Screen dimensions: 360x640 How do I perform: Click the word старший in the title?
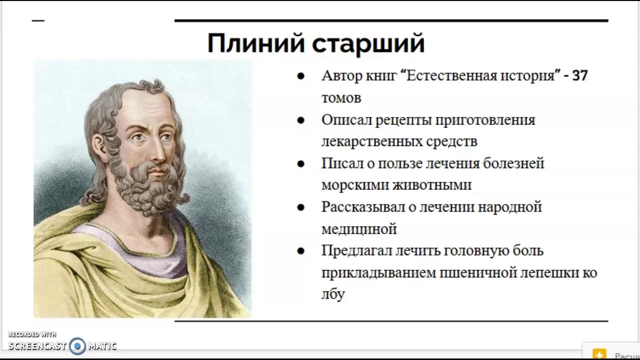368,44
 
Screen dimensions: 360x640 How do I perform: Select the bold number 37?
579,76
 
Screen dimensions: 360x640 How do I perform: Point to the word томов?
341,98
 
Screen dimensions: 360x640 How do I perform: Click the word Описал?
345,120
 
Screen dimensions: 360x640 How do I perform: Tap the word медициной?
359,229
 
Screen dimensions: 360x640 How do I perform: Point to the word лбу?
333,294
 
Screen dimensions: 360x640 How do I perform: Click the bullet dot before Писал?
300,163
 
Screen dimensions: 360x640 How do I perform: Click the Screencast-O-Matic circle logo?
77,345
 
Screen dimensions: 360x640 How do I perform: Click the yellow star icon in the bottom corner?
599,354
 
